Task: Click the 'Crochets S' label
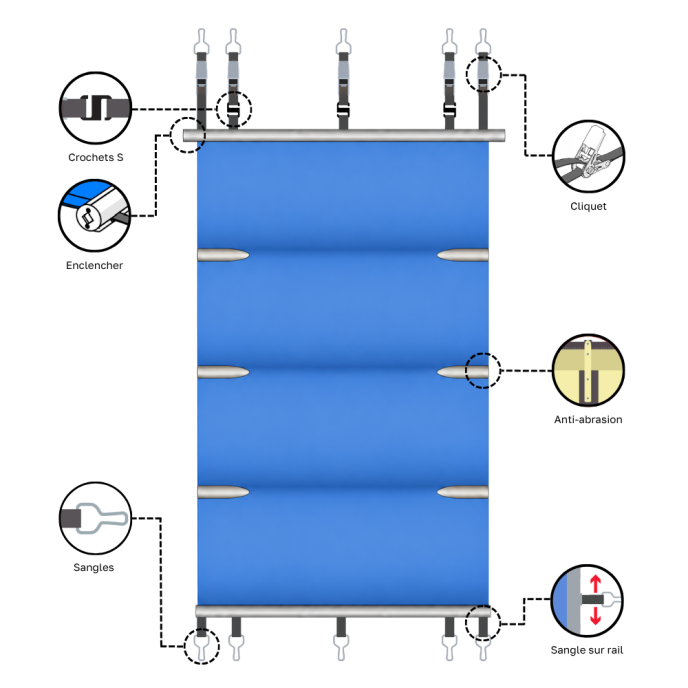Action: [96, 157]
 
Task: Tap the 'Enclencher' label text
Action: [94, 265]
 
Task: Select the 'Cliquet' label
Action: [588, 206]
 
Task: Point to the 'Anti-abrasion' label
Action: [588, 419]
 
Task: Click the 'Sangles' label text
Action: [93, 567]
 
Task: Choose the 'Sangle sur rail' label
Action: [587, 650]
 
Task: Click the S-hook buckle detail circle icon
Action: [95, 108]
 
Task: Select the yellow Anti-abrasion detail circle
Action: [588, 370]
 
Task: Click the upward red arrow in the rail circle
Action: [595, 584]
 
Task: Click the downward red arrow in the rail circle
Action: [595, 616]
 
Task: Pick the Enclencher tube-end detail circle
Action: [94, 215]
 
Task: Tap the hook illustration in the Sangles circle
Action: [103, 518]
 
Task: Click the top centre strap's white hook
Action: [343, 41]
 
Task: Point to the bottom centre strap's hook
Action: [341, 648]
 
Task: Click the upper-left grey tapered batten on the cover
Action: [223, 255]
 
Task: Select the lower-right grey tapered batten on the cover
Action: [463, 492]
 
